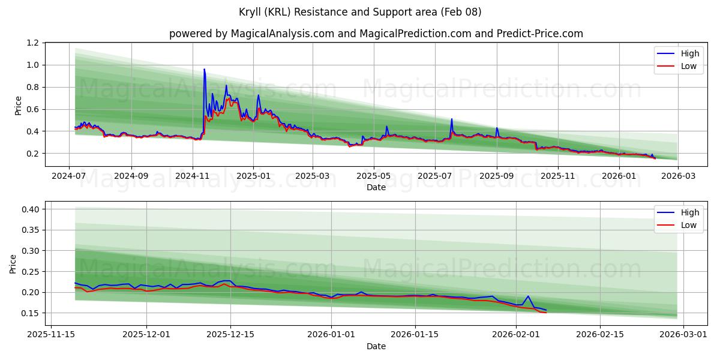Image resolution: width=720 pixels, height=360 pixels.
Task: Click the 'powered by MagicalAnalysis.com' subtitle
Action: pos(376,34)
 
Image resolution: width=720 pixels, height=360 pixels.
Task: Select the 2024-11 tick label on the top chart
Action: pos(193,176)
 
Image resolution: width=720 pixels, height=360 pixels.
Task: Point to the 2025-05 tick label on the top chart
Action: pos(374,176)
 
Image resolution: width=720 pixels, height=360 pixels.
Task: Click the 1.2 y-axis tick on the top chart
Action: pos(32,43)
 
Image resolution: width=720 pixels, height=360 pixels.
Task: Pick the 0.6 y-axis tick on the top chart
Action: pos(32,109)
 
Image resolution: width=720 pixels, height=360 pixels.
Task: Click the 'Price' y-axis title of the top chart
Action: pos(18,105)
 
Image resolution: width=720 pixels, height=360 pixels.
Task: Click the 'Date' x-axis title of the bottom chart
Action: pos(376,346)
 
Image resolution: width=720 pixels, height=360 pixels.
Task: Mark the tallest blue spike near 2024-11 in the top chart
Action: pos(204,70)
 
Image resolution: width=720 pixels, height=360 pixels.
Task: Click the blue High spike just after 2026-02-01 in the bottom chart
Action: pos(527,296)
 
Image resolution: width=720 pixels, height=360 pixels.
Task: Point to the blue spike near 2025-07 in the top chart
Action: pos(452,119)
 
